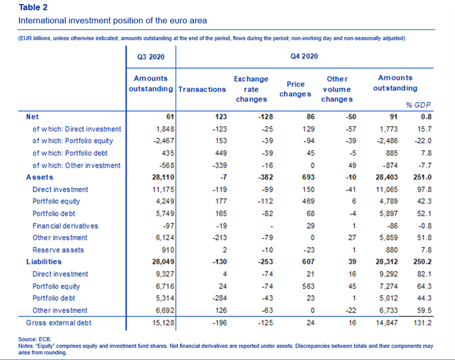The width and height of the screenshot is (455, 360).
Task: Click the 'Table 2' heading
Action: point(33,7)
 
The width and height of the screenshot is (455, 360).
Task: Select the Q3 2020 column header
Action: point(151,56)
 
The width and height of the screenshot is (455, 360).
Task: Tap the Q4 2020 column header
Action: point(304,56)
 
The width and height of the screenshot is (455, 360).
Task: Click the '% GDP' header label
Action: point(418,105)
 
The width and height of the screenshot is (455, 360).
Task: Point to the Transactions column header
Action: point(202,89)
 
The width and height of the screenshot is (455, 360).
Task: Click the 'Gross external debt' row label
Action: point(59,323)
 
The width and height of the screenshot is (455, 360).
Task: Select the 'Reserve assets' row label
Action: point(58,250)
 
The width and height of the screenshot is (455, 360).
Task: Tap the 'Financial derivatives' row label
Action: point(65,226)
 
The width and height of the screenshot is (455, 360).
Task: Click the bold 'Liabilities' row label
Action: point(44,262)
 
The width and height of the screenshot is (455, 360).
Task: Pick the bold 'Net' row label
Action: point(32,117)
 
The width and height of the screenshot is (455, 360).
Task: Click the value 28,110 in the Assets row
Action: point(163,177)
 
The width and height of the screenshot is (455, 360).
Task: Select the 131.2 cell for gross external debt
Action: point(423,323)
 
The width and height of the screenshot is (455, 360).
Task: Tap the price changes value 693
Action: point(308,177)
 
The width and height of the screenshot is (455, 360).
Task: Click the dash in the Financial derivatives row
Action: point(271,226)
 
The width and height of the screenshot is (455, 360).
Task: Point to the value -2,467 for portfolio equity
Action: point(164,141)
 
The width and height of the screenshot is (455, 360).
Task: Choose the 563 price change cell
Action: point(308,287)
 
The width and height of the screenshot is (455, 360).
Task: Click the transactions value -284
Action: point(220,298)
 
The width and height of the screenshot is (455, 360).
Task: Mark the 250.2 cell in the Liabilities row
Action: point(423,262)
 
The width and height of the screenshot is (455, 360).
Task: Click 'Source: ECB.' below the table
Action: point(35,340)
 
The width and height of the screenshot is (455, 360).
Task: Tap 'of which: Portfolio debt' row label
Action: point(70,153)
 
